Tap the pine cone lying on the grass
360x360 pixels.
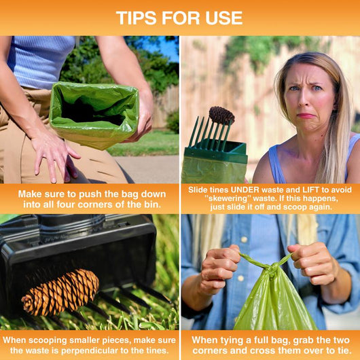point(60,292)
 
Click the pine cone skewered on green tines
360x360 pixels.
point(221,115)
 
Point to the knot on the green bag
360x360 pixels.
point(273,268)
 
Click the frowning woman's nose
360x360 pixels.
point(304,98)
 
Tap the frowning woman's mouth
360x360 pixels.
point(306,115)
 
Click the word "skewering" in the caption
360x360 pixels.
point(228,198)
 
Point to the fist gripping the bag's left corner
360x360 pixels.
point(219,269)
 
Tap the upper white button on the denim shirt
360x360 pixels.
point(244,240)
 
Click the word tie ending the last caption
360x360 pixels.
point(344,350)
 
